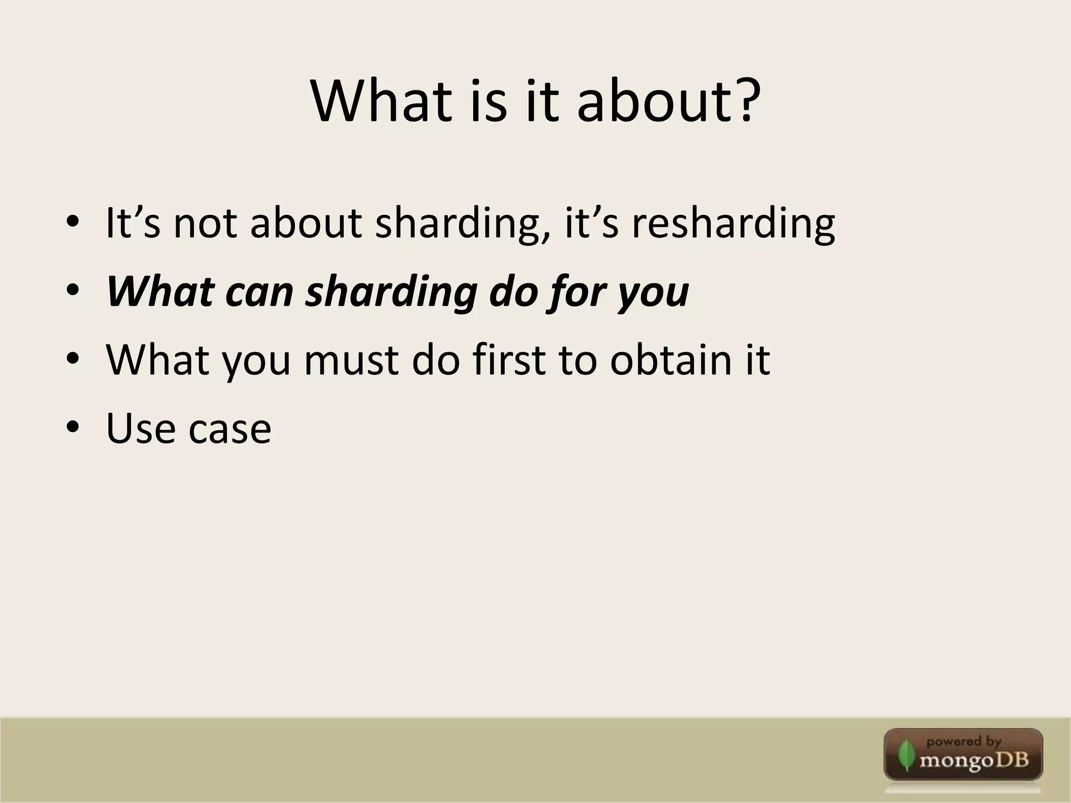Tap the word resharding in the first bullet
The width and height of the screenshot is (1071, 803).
click(x=733, y=223)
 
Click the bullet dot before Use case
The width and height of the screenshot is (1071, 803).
click(x=73, y=429)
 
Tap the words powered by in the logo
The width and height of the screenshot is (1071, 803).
click(x=963, y=741)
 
